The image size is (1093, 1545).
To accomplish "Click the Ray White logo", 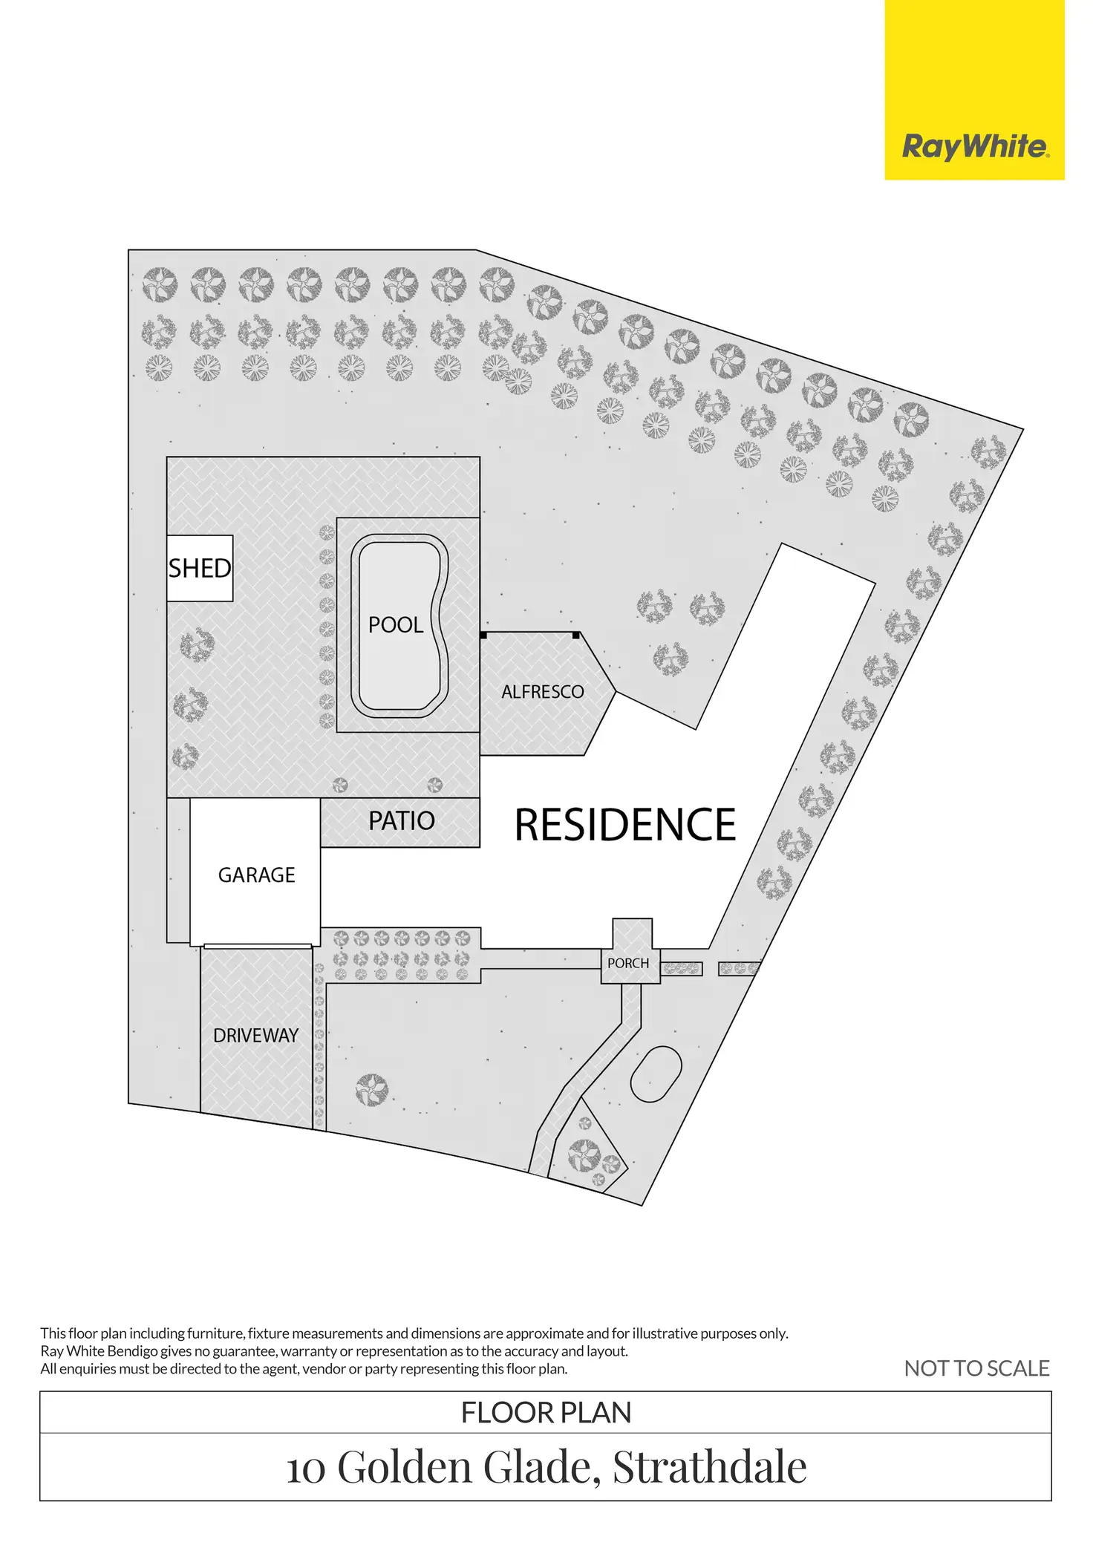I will click(x=974, y=146).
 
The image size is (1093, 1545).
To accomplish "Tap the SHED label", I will click(x=200, y=569).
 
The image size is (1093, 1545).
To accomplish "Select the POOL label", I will click(x=396, y=625).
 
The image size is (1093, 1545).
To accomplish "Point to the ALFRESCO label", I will click(x=543, y=692).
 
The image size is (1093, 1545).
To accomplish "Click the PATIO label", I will click(x=402, y=821).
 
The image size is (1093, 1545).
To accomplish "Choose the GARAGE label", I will click(x=256, y=875).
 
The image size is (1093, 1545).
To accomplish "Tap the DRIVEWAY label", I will click(x=255, y=1036).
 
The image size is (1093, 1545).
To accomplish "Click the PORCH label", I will click(x=628, y=964).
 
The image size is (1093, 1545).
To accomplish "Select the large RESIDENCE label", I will click(x=625, y=826).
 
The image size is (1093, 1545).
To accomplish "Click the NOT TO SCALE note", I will click(x=976, y=1368).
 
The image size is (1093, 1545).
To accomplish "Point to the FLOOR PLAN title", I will click(x=546, y=1413).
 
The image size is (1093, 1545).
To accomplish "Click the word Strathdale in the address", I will click(x=710, y=1468).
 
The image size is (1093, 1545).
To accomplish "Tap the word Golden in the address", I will click(x=405, y=1468).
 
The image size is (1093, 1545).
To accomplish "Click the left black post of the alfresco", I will click(x=483, y=636).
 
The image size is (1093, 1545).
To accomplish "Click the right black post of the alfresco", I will click(x=576, y=636).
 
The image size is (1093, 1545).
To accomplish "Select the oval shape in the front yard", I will click(x=656, y=1074).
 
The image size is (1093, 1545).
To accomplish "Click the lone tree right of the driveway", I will click(x=371, y=1090).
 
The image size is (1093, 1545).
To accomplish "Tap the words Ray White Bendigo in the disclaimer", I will click(x=99, y=1351).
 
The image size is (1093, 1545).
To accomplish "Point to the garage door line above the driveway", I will click(x=257, y=946).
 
